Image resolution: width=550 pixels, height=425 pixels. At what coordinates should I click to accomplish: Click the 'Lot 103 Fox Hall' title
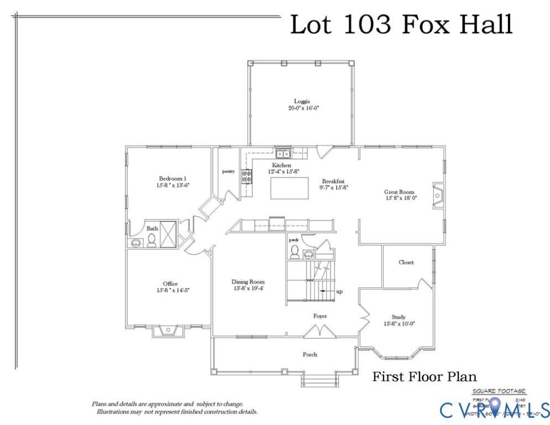401,25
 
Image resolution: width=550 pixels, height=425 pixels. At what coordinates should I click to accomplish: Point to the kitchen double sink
284,153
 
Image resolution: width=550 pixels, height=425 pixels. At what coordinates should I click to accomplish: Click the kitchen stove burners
247,177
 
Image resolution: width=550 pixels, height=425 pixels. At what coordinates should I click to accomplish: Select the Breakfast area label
334,181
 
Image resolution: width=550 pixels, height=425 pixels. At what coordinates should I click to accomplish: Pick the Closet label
406,262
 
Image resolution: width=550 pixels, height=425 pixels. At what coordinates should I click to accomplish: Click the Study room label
399,317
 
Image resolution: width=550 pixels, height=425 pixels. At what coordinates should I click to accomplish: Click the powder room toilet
294,252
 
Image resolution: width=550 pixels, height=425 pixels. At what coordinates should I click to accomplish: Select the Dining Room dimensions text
248,288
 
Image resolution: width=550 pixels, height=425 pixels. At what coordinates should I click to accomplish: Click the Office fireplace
168,330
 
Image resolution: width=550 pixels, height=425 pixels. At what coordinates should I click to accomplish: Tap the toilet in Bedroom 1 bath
151,241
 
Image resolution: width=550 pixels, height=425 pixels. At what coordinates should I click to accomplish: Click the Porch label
310,354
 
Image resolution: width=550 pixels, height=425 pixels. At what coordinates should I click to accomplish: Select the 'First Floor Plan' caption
425,377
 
